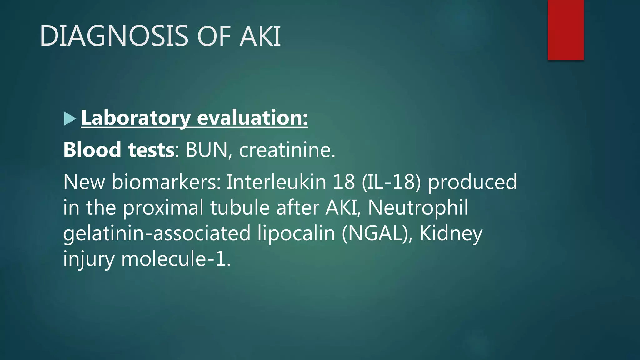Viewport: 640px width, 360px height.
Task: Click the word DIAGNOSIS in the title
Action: point(114,36)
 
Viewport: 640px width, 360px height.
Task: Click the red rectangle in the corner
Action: point(566,30)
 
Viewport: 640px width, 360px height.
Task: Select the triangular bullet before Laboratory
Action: point(70,119)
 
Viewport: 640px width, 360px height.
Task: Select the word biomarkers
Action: point(166,182)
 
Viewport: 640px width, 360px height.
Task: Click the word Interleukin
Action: point(276,182)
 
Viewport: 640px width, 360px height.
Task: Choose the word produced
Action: point(472,182)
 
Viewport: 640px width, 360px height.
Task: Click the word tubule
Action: point(240,207)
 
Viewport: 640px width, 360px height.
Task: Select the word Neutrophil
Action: point(418,207)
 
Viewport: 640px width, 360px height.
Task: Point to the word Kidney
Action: point(451,233)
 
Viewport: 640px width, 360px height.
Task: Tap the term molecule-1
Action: point(176,259)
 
